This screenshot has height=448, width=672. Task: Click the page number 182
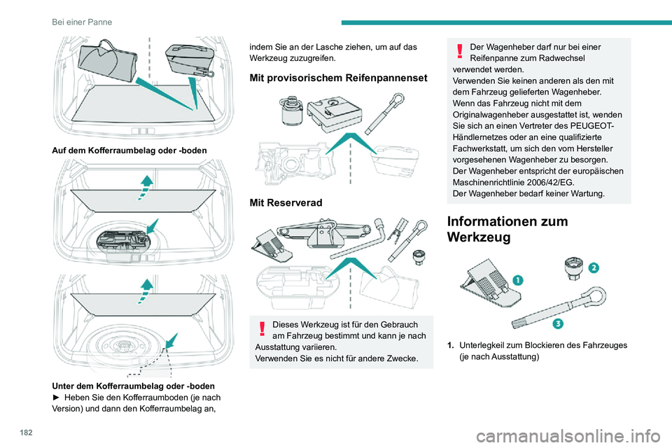[26, 433]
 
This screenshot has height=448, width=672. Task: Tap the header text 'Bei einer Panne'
[82, 22]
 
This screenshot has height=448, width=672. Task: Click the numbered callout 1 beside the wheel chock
[518, 281]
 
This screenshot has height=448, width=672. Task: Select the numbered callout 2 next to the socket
[594, 268]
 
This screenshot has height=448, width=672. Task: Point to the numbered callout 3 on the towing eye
[558, 323]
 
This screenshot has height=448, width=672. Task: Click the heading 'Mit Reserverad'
[286, 203]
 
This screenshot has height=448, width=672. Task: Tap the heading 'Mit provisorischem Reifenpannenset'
[339, 78]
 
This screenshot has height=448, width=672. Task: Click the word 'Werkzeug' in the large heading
[479, 237]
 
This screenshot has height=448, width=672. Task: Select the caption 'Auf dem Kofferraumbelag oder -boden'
[129, 150]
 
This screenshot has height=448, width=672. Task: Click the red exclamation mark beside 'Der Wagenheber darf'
[460, 51]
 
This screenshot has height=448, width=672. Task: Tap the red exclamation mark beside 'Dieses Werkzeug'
[262, 329]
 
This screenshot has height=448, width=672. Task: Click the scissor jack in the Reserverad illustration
[321, 233]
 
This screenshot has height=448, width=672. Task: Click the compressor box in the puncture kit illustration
[335, 112]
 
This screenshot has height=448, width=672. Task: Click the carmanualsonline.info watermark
[568, 436]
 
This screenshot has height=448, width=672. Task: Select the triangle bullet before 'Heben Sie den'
[55, 398]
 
